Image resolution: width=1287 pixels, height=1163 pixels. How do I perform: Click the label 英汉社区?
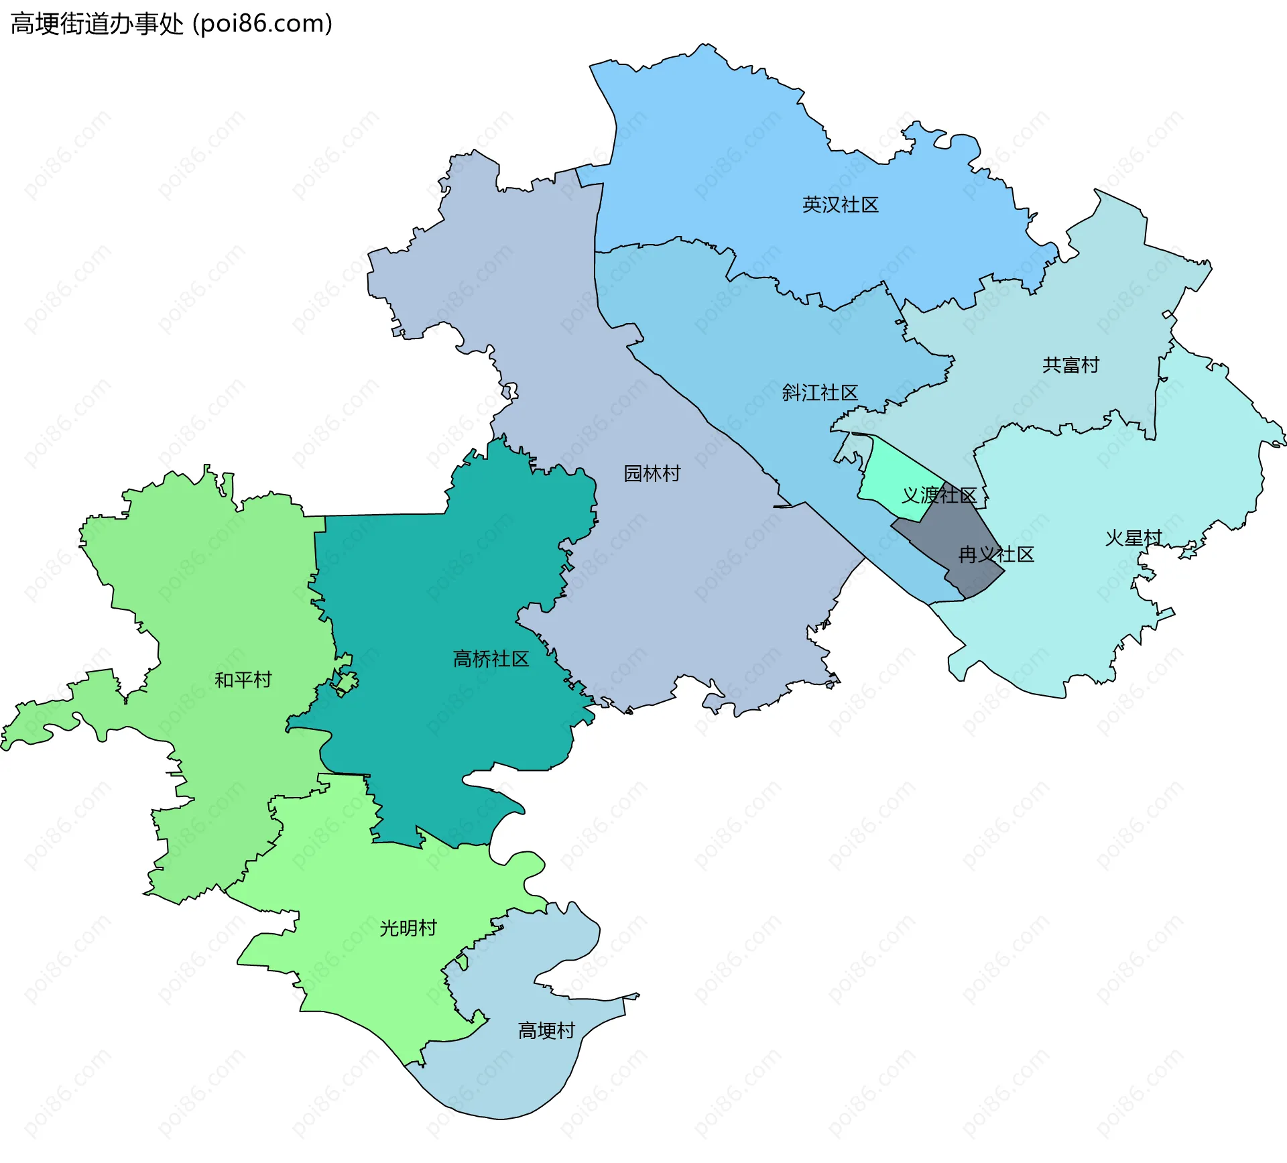840,204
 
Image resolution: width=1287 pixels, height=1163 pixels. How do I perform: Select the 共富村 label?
1070,365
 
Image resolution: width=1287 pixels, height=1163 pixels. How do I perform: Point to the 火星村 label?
1133,538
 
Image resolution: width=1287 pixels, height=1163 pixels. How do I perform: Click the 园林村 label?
652,473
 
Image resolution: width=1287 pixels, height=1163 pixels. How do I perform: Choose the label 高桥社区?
491,659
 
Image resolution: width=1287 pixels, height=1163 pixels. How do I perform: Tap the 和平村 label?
243,680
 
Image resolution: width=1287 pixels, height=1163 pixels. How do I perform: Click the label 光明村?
408,928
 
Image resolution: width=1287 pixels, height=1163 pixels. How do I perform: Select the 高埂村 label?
546,1030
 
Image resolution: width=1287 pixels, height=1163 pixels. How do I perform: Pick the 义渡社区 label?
938,495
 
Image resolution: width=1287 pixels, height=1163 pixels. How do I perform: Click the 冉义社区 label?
996,554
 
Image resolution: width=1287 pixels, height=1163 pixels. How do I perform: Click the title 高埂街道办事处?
97,24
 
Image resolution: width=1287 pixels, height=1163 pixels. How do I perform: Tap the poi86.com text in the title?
262,24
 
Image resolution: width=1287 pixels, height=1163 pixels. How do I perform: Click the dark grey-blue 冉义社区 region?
952,536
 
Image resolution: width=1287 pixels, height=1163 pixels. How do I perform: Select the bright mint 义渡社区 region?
888,479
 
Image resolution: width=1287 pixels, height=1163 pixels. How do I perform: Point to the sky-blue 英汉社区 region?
737,168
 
